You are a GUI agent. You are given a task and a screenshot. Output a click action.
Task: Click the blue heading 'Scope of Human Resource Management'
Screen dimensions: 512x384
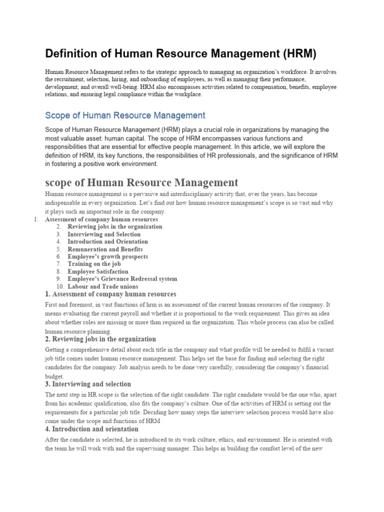point(125,115)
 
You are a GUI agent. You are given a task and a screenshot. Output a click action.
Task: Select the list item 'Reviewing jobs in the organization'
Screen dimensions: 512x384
point(115,226)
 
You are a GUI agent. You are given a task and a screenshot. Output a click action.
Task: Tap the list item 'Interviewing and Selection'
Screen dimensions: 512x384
point(104,234)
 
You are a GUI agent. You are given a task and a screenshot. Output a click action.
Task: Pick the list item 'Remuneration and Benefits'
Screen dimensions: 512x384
point(105,249)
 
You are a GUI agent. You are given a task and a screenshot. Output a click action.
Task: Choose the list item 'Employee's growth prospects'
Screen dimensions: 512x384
point(108,256)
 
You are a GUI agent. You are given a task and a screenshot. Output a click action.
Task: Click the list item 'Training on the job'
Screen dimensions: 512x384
point(94,264)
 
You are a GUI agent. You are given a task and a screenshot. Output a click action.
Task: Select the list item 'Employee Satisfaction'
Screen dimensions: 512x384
point(98,271)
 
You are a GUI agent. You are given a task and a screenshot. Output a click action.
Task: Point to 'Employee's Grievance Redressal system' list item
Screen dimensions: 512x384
point(122,279)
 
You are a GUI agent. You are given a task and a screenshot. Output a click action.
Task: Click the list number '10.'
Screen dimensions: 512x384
point(60,286)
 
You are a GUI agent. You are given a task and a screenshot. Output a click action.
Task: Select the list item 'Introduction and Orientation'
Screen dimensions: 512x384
point(108,241)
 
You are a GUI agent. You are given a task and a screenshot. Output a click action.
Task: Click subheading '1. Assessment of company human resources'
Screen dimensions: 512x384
point(110,294)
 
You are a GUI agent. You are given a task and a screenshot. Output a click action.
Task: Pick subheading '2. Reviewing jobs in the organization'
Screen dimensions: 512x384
point(100,339)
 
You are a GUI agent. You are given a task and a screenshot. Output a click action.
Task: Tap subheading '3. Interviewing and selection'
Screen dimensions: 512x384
point(88,384)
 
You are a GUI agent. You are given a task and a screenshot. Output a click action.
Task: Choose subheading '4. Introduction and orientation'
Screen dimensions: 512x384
point(92,429)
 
